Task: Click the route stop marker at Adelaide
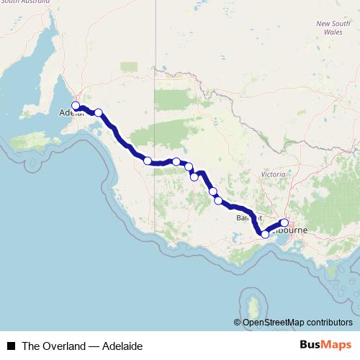click(76, 106)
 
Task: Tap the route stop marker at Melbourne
click(284, 223)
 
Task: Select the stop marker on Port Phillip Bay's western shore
click(265, 234)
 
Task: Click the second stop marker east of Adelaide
click(148, 161)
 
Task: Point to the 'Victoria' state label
click(273, 175)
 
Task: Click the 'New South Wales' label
click(333, 27)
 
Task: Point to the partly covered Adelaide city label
click(69, 113)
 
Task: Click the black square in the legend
click(11, 346)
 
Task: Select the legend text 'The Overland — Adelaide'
click(82, 346)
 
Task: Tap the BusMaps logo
click(325, 346)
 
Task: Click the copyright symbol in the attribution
click(238, 323)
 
